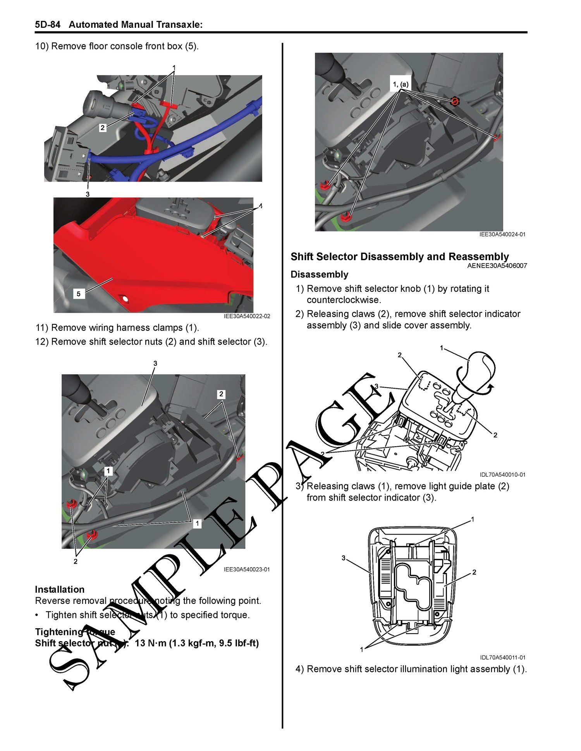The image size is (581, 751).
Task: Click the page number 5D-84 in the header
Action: coord(48,25)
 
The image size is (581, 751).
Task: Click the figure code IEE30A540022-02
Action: coord(247,316)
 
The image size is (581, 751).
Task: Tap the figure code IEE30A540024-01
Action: coord(502,234)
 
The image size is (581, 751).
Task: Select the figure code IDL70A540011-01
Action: coord(503,657)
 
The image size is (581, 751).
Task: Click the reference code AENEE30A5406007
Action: coord(497,266)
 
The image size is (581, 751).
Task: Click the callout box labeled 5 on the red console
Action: coord(79,294)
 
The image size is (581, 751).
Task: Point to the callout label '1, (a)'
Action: coord(401,84)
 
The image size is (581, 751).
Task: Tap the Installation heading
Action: coord(60,589)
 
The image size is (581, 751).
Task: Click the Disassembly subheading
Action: coord(319,274)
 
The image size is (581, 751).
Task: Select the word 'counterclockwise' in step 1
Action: coord(343,300)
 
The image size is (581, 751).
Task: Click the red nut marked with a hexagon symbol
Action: coord(455,101)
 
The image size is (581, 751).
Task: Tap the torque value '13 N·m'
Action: coord(150,643)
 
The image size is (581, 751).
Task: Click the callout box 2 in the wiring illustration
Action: coord(103,128)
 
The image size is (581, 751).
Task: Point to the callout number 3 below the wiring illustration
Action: coord(88,194)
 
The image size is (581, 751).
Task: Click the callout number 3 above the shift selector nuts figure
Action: coord(155,363)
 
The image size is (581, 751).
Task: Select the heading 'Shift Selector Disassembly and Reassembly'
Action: coord(400,257)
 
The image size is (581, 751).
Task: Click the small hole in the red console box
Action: coord(125,299)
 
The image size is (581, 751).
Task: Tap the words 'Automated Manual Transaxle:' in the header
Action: coord(136,25)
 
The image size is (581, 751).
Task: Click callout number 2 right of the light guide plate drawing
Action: coord(474,572)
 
